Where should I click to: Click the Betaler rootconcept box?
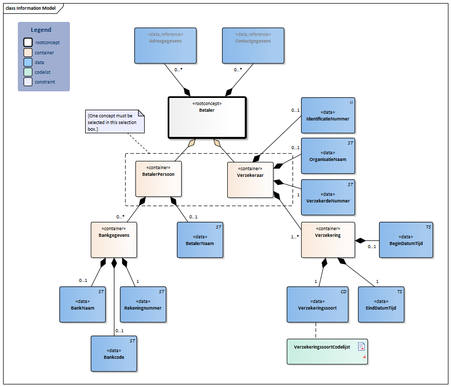[x=207, y=118]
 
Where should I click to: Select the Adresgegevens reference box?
[x=166, y=46]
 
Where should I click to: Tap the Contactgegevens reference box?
[x=253, y=46]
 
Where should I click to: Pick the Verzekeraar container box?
[x=250, y=179]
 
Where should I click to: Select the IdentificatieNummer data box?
[x=328, y=116]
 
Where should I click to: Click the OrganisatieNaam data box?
[x=328, y=156]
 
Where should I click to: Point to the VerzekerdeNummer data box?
[x=328, y=197]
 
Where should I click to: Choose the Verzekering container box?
[x=328, y=240]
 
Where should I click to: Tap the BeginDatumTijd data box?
[x=406, y=240]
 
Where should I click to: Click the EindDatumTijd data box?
[x=381, y=304]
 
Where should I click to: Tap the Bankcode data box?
[x=114, y=354]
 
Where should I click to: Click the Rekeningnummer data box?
[x=143, y=304]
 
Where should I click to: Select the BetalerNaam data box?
[x=200, y=240]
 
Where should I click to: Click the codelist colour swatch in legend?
[x=28, y=72]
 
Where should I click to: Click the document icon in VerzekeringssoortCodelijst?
[x=361, y=347]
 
